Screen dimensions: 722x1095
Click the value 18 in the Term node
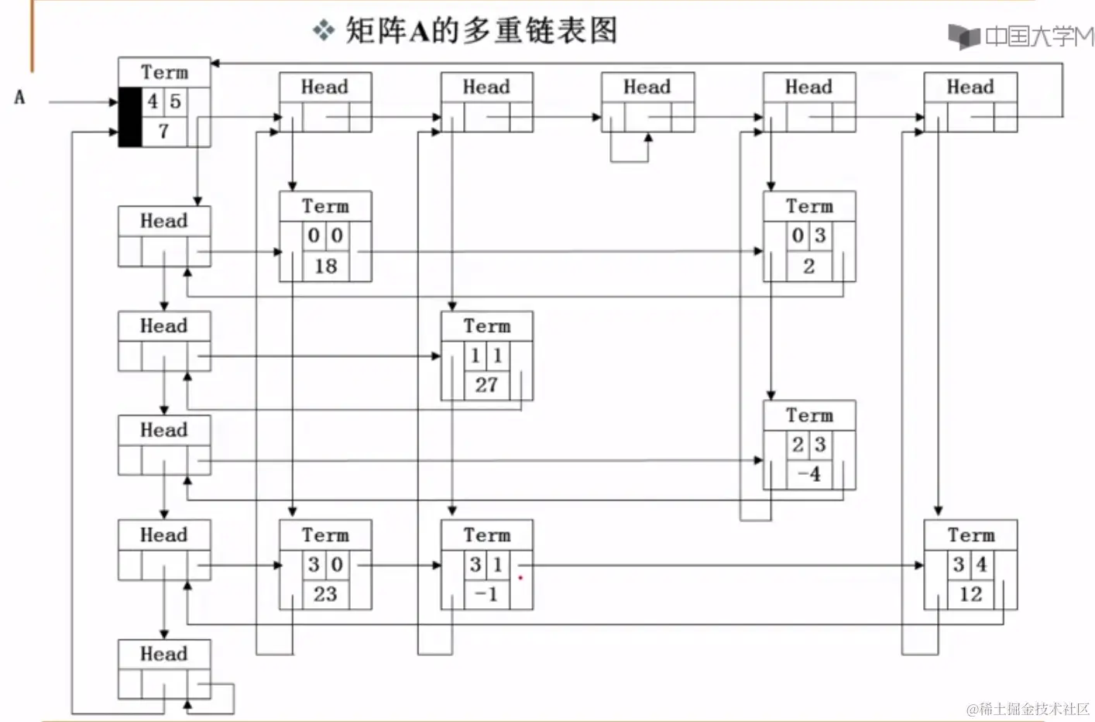tap(325, 266)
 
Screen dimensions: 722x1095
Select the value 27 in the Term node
tap(486, 385)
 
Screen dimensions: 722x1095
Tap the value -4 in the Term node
tap(808, 474)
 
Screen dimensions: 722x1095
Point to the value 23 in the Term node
tap(325, 594)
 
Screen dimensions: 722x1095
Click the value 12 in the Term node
tap(970, 594)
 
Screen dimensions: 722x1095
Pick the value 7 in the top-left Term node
tap(163, 132)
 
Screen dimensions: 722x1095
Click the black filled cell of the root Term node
tap(130, 117)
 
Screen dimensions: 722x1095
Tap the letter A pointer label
tap(19, 98)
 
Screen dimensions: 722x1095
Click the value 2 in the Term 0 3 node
tap(808, 266)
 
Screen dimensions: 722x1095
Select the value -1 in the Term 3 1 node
tap(486, 594)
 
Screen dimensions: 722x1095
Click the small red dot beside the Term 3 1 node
tap(520, 578)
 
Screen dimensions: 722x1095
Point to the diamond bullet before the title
tap(323, 31)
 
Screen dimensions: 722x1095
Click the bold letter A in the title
tap(419, 32)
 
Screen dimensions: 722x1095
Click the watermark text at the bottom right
tap(1028, 708)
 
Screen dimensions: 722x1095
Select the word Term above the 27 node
tap(486, 326)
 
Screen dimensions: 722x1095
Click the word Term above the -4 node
tap(809, 416)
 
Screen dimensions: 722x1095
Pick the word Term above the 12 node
tap(970, 535)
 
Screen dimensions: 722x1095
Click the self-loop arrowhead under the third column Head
tap(648, 137)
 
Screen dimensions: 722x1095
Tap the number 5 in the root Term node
tap(176, 101)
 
